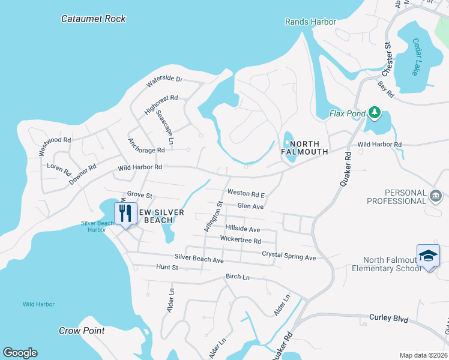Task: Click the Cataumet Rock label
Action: click(94, 19)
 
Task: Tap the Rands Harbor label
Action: click(310, 22)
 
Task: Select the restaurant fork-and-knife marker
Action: click(125, 214)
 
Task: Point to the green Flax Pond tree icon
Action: click(375, 112)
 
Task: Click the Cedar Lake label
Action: click(417, 57)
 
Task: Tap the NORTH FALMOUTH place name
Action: click(304, 148)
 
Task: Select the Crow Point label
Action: click(82, 331)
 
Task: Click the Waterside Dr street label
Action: click(164, 79)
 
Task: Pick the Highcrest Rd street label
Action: click(161, 105)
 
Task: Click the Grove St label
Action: click(140, 195)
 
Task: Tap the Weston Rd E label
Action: click(246, 194)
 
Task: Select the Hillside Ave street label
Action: click(243, 229)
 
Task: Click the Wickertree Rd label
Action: click(240, 241)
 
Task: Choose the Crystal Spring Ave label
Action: click(289, 257)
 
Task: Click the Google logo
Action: click(20, 353)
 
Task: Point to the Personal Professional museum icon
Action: click(435, 194)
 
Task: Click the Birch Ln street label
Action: click(237, 277)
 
